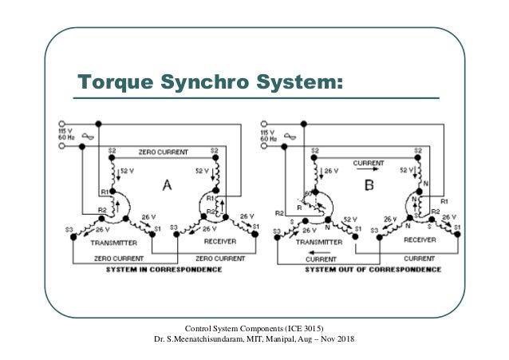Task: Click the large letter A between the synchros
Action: (x=168, y=186)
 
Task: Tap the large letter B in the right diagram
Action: (x=369, y=186)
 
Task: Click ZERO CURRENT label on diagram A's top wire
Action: (x=163, y=150)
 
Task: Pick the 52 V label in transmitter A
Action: (x=125, y=169)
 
